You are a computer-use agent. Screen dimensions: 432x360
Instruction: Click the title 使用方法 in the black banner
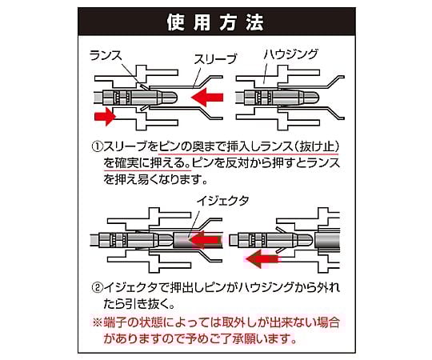coord(215,22)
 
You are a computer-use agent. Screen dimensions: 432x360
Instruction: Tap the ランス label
coord(106,56)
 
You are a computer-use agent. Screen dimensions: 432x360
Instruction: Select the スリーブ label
coord(215,59)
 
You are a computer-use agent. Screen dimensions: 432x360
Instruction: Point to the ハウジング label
coord(290,54)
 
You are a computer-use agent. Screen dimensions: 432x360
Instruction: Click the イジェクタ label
coord(222,201)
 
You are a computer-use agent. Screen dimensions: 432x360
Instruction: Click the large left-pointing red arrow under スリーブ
coord(207,98)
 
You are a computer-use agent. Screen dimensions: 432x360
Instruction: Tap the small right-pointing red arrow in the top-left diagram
coord(105,116)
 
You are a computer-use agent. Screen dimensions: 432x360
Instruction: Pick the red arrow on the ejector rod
coord(206,239)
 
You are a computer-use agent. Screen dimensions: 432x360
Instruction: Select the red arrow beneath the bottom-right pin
coord(262,259)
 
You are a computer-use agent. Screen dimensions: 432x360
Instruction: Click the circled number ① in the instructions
coord(97,146)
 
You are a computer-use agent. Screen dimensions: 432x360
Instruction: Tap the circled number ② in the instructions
coord(97,288)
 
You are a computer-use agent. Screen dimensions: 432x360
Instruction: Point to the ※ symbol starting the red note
coord(97,322)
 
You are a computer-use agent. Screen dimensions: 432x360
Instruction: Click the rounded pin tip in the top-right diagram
coord(312,98)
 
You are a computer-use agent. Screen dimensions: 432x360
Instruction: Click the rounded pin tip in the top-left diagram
coord(170,98)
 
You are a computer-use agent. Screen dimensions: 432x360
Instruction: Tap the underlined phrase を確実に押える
coord(147,163)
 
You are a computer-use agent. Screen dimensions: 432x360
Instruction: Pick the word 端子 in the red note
coord(114,322)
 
